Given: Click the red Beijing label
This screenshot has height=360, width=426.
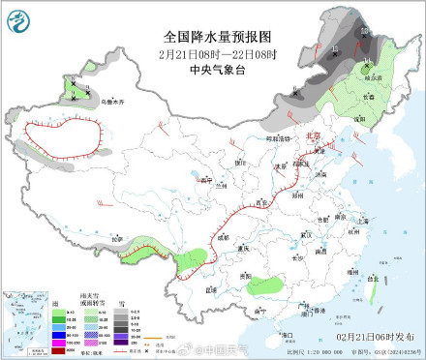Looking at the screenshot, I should tap(312, 137).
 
